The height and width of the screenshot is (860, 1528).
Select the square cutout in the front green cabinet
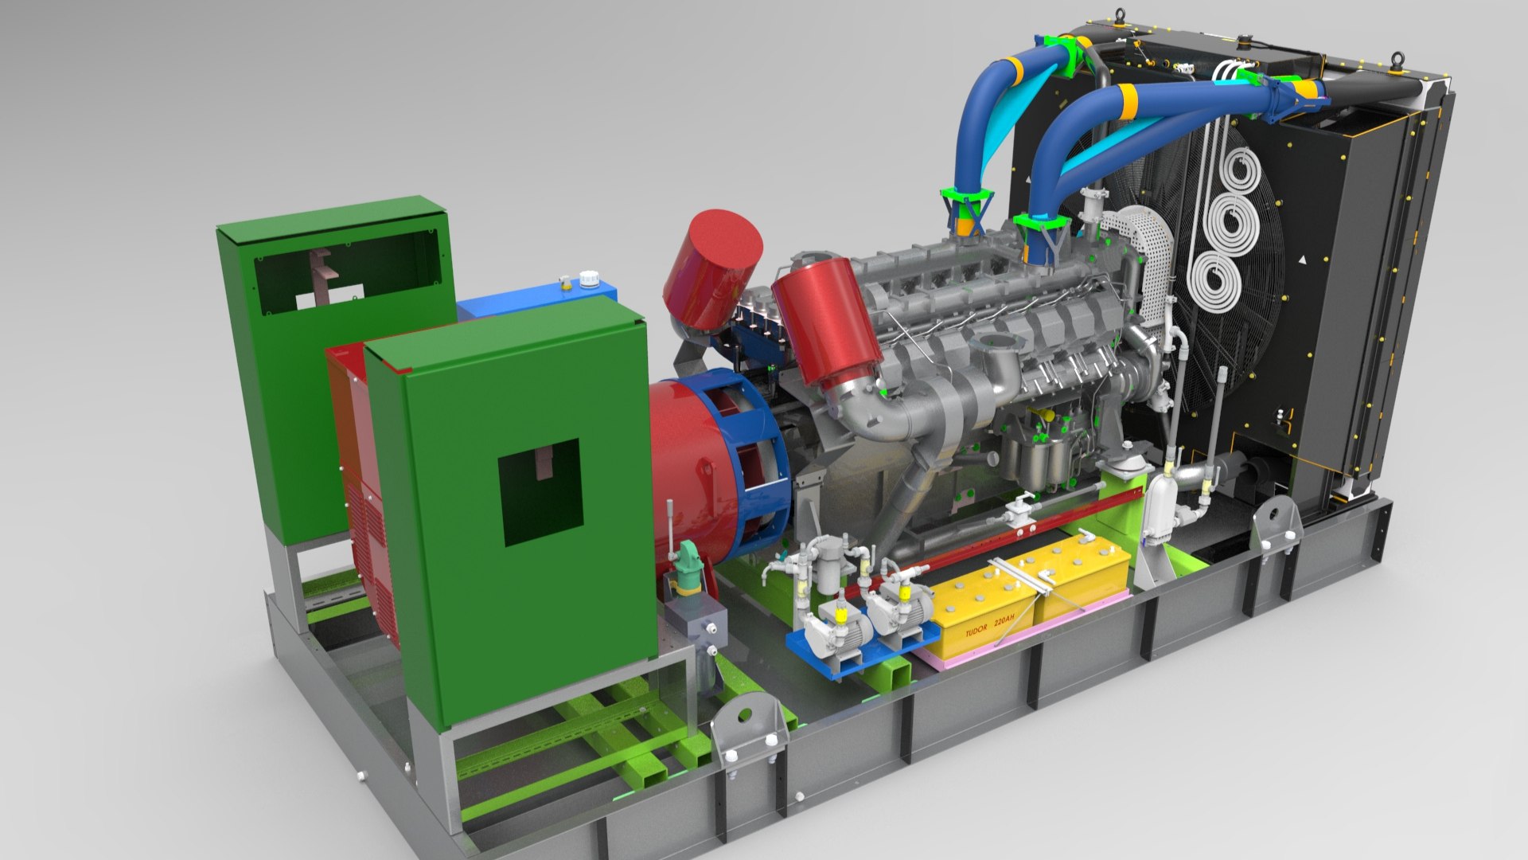[x=540, y=493]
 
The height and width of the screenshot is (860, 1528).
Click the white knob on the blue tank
[x=588, y=279]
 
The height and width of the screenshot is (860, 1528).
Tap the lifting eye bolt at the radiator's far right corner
[x=1397, y=61]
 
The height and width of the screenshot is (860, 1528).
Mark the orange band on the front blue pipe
[x=1126, y=99]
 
